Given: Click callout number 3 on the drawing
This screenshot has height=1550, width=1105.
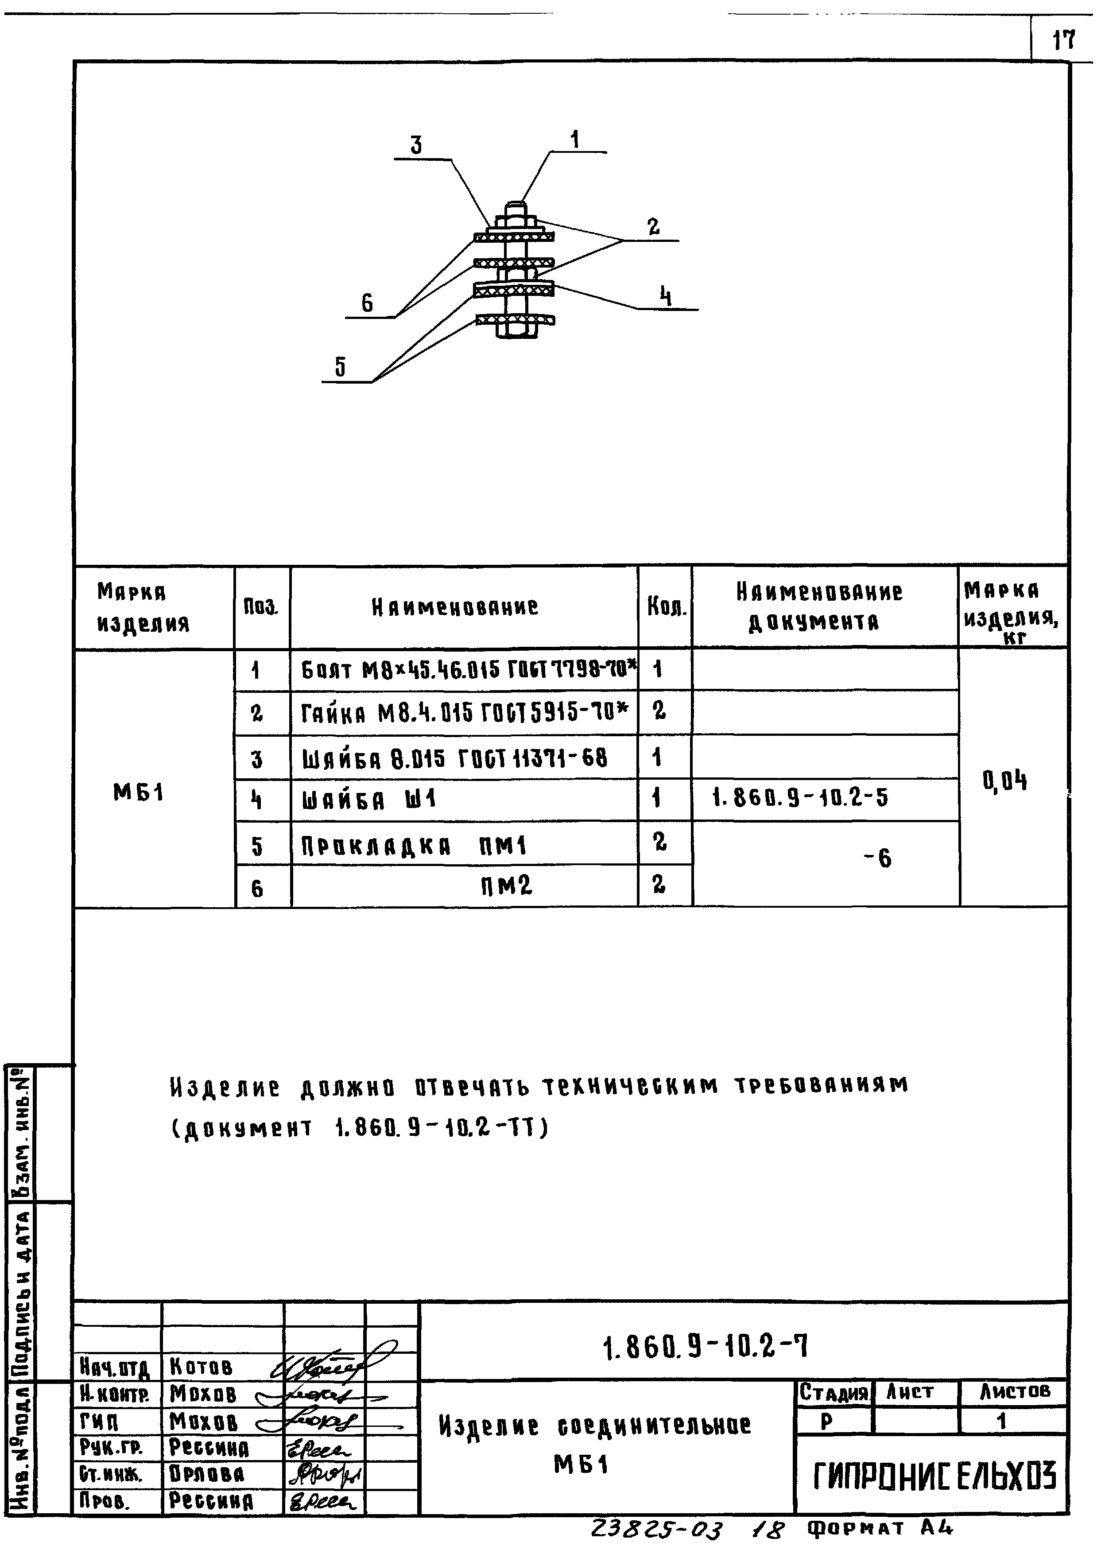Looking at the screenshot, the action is pos(416,145).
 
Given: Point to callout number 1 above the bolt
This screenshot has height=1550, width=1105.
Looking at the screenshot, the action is pos(575,140).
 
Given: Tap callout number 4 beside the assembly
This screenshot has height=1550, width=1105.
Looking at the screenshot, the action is pos(666,297).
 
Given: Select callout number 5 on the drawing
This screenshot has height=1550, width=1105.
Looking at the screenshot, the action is pos(340,367).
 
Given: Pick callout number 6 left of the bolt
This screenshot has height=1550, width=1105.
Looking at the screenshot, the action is pos(368,303).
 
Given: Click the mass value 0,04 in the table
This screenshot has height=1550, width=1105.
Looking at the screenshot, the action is pos(1005,781).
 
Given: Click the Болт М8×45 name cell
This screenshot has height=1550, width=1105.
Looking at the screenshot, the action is pos(468,671).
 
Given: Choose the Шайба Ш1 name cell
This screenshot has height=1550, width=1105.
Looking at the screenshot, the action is pos(369,800).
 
